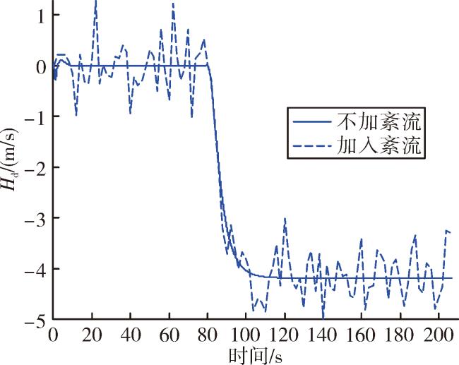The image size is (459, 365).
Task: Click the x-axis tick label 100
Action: click(245, 335)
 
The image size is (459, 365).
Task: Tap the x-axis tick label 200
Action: click(439, 335)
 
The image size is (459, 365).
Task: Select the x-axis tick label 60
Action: click(169, 335)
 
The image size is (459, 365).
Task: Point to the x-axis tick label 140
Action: click(323, 335)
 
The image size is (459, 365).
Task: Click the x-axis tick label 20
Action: click(92, 335)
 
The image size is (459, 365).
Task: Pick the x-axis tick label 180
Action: click(400, 335)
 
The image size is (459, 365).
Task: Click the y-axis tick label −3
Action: click(36, 218)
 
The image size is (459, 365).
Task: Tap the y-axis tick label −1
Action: click(36, 116)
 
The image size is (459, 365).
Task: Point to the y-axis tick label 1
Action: click(42, 16)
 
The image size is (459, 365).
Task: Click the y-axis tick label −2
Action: click(36, 168)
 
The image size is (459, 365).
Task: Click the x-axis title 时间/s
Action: click(255, 355)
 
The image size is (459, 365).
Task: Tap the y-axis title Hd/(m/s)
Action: click(10, 160)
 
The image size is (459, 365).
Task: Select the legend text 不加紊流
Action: click(378, 121)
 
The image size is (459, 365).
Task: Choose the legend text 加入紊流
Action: click(378, 145)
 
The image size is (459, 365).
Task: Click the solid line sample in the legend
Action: click(312, 121)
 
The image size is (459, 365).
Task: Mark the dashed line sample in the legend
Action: click(312, 145)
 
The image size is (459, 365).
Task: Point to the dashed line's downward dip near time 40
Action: click(130, 113)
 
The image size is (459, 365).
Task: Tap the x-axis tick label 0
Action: click(53, 335)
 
